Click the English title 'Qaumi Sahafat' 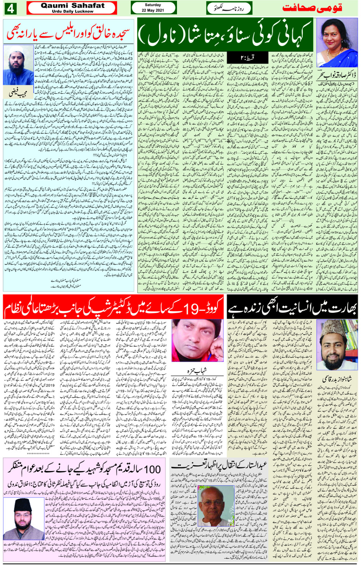click(73, 6)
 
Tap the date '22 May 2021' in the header click(153, 10)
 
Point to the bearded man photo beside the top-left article click(18, 65)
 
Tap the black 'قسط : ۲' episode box click(241, 57)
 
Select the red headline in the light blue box click(69, 34)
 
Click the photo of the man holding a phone click(197, 341)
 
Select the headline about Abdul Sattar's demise click(220, 465)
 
